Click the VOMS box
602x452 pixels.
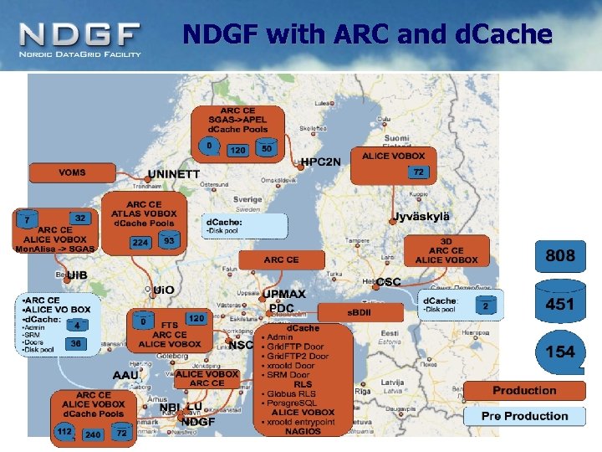(72, 172)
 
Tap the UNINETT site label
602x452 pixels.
(174, 174)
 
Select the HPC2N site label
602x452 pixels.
(321, 162)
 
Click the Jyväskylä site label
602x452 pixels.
(421, 217)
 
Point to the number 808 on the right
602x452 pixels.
(559, 255)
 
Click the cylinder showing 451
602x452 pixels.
(559, 305)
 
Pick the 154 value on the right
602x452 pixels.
(559, 352)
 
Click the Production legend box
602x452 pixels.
(524, 390)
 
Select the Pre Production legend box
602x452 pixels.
(524, 416)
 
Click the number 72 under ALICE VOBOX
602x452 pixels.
(418, 172)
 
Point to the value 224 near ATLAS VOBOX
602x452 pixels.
(140, 243)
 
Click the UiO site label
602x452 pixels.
(164, 290)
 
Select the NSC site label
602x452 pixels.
(240, 344)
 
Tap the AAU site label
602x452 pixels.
(125, 375)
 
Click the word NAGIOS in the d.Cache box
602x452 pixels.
(302, 429)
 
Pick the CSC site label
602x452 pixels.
(389, 282)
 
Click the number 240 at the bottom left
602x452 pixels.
(93, 434)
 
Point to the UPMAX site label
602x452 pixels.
(285, 295)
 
